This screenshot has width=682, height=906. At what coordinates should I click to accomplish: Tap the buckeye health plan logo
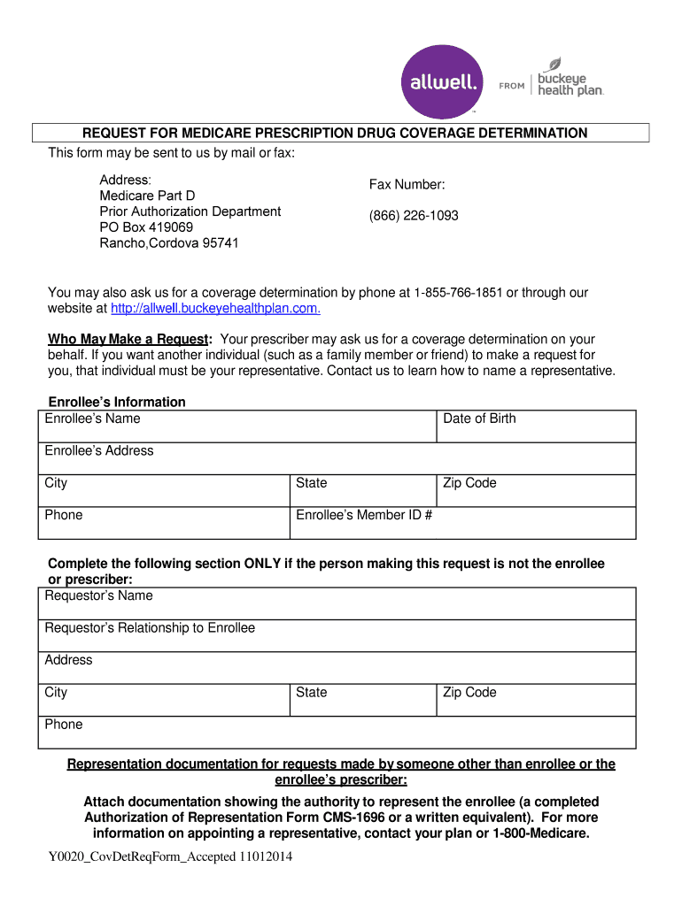click(567, 79)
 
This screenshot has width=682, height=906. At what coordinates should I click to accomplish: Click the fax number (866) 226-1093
click(414, 216)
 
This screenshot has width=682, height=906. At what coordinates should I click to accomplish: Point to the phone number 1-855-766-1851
click(458, 292)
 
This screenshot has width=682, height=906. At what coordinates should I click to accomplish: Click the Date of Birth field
click(537, 426)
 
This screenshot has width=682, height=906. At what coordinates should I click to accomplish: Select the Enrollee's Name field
click(237, 426)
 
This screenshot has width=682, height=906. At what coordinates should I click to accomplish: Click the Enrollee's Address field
click(337, 458)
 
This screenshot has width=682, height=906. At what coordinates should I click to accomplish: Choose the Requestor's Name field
click(337, 603)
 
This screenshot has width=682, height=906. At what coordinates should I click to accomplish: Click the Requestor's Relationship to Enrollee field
click(337, 635)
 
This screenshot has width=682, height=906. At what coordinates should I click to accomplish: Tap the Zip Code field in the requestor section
click(537, 700)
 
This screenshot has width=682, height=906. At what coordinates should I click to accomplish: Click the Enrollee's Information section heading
click(117, 402)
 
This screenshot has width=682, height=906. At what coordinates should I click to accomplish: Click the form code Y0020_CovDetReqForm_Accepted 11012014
click(170, 856)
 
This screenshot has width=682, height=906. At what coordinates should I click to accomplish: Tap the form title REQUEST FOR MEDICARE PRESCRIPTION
click(335, 133)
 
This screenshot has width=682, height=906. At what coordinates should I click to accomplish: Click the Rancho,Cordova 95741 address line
click(168, 243)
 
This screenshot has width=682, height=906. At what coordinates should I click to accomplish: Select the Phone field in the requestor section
click(337, 733)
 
